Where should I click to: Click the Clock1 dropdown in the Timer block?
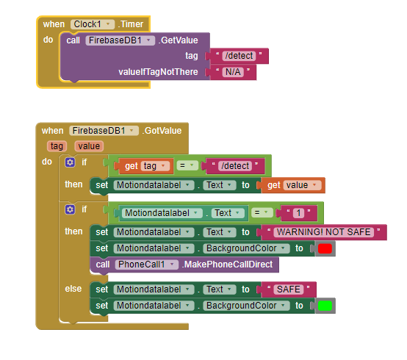(92, 24)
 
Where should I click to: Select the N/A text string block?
(233, 72)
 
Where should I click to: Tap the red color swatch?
(325, 248)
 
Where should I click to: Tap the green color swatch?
(325, 306)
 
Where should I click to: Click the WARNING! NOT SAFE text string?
(324, 232)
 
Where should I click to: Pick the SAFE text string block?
(289, 289)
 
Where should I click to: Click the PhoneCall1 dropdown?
(146, 264)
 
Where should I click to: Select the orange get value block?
(293, 185)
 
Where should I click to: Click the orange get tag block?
(144, 166)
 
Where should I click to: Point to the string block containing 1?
(298, 213)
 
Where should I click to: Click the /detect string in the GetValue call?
(239, 56)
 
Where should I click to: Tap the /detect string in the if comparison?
(234, 166)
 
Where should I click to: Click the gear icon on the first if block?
(70, 162)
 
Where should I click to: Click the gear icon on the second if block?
(70, 209)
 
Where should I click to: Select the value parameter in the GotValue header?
(89, 146)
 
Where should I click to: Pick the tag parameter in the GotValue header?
(57, 146)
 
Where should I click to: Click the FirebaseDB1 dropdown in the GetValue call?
(120, 40)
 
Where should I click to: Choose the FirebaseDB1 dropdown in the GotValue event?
(104, 131)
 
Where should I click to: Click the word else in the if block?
(73, 289)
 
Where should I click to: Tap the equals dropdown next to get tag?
(187, 165)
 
